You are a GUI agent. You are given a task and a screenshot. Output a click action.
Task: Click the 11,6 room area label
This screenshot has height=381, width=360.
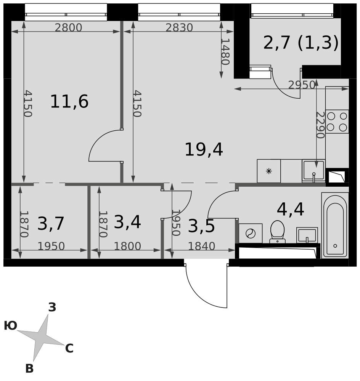[x=69, y=102]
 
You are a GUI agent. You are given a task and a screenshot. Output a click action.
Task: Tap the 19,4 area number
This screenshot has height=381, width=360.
[x=204, y=150]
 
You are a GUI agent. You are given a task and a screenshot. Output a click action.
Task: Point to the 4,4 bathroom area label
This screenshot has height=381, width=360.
[x=291, y=210]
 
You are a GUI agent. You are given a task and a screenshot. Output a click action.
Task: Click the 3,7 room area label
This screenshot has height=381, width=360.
[x=51, y=224]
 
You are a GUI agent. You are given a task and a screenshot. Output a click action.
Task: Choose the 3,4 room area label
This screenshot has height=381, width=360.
[x=127, y=222]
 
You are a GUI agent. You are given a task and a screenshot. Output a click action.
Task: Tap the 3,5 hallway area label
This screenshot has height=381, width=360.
[x=201, y=226]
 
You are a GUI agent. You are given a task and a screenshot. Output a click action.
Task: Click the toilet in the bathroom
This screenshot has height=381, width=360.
[x=277, y=232]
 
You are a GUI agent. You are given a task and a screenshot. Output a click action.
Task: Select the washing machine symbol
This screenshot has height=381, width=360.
[x=251, y=234]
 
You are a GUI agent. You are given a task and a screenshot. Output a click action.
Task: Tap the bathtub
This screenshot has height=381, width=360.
[x=335, y=226]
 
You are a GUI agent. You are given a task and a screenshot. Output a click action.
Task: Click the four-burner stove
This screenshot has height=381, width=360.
[x=337, y=122]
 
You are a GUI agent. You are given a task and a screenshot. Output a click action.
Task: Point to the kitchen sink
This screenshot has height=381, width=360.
[x=314, y=171]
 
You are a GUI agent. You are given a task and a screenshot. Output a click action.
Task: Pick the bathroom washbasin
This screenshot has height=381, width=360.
[x=307, y=235]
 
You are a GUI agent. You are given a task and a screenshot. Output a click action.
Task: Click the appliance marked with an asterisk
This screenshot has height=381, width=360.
[x=269, y=171]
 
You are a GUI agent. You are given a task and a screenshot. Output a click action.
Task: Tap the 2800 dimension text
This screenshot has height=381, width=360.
[x=68, y=28]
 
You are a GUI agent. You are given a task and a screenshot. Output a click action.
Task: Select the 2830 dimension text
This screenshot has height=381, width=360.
[x=179, y=28]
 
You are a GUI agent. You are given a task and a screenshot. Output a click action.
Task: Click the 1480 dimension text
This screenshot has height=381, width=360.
[x=225, y=52]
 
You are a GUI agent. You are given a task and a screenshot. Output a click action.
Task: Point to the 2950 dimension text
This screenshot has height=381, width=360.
[x=302, y=85]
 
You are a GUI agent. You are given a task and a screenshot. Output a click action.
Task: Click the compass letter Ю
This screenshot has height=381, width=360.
[x=10, y=326]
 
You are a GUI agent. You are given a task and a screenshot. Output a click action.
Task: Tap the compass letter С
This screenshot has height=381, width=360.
[x=69, y=349]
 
